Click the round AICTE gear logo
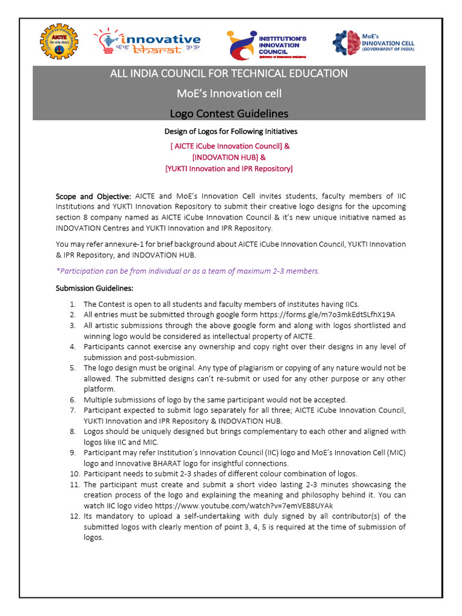pyautogui.click(x=58, y=42)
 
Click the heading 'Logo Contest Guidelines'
pyautogui.click(x=228, y=113)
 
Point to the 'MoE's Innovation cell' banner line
pyautogui.click(x=228, y=93)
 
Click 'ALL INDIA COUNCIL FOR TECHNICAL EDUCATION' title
pyautogui.click(x=228, y=73)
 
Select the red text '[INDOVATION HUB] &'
pyautogui.click(x=228, y=157)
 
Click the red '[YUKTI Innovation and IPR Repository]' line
pyautogui.click(x=229, y=168)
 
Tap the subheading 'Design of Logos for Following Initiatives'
pyautogui.click(x=231, y=131)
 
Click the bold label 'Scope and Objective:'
pyautogui.click(x=93, y=197)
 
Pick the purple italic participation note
pyautogui.click(x=188, y=271)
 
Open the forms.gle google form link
pyautogui.click(x=327, y=315)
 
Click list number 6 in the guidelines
pyautogui.click(x=72, y=399)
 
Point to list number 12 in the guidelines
pyautogui.click(x=72, y=516)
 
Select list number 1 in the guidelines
pyautogui.click(x=72, y=304)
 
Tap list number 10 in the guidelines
pyautogui.click(x=72, y=473)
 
